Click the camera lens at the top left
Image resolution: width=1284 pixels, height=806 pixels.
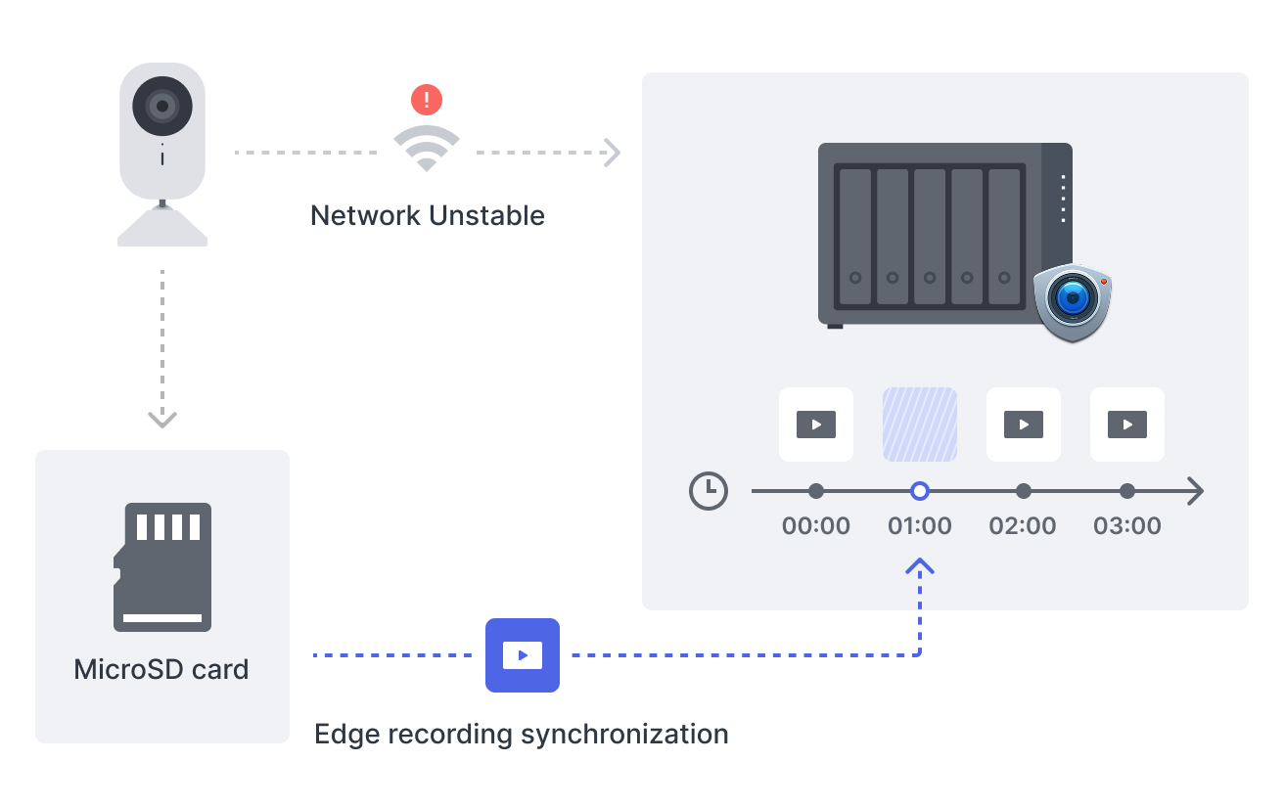[162, 104]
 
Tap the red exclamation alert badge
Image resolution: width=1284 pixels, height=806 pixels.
[427, 99]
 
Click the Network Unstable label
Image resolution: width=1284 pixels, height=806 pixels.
[428, 215]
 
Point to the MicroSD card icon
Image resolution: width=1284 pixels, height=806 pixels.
[162, 567]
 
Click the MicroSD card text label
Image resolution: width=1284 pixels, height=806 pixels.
[161, 670]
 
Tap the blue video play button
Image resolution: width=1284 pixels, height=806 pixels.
[523, 655]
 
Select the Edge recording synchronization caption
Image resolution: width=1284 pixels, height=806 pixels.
[522, 734]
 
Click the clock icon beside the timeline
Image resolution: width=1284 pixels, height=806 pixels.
[709, 491]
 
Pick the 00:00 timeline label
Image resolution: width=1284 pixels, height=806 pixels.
[816, 526]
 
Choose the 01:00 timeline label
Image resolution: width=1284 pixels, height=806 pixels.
[920, 526]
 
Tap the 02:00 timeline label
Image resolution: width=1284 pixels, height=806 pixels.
[1023, 526]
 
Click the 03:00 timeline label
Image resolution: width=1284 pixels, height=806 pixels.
[1127, 526]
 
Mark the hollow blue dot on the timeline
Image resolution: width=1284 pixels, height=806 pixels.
[920, 491]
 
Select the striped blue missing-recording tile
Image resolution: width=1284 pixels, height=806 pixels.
[920, 425]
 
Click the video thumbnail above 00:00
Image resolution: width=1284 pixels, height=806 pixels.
[816, 425]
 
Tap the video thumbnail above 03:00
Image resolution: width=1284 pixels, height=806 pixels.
[1127, 425]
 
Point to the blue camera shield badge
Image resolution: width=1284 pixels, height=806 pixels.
[1074, 301]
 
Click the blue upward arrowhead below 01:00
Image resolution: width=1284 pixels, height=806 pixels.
[920, 566]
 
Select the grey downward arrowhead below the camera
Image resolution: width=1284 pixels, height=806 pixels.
[162, 419]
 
